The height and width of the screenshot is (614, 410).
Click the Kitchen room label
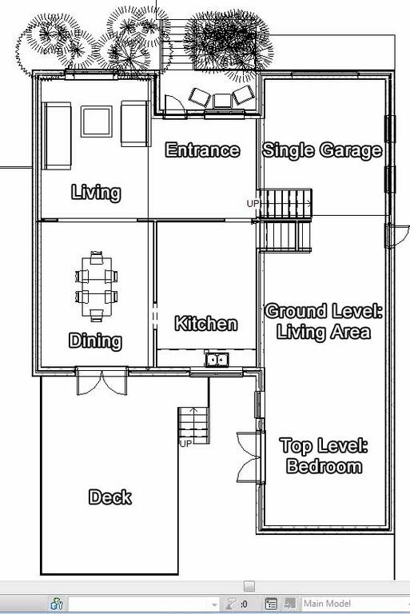206,324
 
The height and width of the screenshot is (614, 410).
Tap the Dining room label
95,341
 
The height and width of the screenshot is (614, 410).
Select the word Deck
110,497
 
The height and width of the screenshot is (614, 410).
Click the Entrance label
202,150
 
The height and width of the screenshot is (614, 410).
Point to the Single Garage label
322,150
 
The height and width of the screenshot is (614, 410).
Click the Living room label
96,192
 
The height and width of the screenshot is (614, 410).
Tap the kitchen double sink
217,359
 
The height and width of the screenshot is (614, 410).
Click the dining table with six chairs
97,286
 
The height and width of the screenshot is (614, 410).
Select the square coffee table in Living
97,122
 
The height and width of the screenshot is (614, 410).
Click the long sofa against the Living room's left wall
57,136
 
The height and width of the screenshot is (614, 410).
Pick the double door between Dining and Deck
102,381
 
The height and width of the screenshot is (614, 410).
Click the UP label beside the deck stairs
185,444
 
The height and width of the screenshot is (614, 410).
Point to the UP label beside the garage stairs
253,204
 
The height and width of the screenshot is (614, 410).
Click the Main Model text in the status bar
327,604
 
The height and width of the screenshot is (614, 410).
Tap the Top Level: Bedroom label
324,456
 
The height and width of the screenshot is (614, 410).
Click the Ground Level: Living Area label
324,321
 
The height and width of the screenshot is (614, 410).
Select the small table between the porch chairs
222,101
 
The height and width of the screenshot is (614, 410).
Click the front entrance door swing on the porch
175,105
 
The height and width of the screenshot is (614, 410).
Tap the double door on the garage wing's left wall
250,457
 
